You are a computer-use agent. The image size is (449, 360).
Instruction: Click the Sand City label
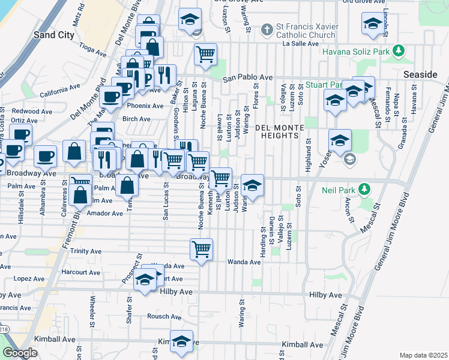point(54,35)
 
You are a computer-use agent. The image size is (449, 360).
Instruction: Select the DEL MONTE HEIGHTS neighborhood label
point(277,131)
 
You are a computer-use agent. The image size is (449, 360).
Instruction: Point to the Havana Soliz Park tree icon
point(397,52)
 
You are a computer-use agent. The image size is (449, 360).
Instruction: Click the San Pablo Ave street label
point(247,78)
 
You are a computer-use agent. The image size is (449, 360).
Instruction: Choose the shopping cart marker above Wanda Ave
point(201,248)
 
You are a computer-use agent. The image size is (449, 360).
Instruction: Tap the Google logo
point(20,353)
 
